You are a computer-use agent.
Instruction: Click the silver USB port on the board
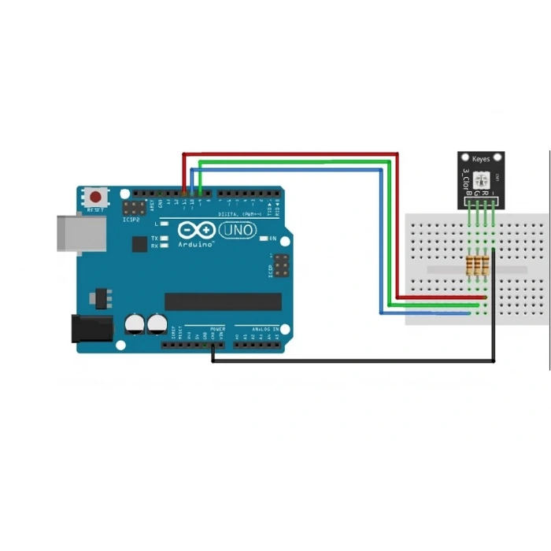coord(78,234)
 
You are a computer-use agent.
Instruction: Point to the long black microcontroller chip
coord(223,301)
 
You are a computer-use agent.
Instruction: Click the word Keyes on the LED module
coord(480,160)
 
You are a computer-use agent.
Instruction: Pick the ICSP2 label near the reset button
coord(131,220)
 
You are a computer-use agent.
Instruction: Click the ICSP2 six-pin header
coord(133,208)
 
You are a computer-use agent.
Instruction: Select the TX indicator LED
coord(164,238)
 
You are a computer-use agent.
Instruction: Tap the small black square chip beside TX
coord(140,245)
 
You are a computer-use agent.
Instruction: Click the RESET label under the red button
coord(96,210)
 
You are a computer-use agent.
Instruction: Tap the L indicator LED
coord(164,225)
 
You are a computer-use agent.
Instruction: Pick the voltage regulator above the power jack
coord(100,297)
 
